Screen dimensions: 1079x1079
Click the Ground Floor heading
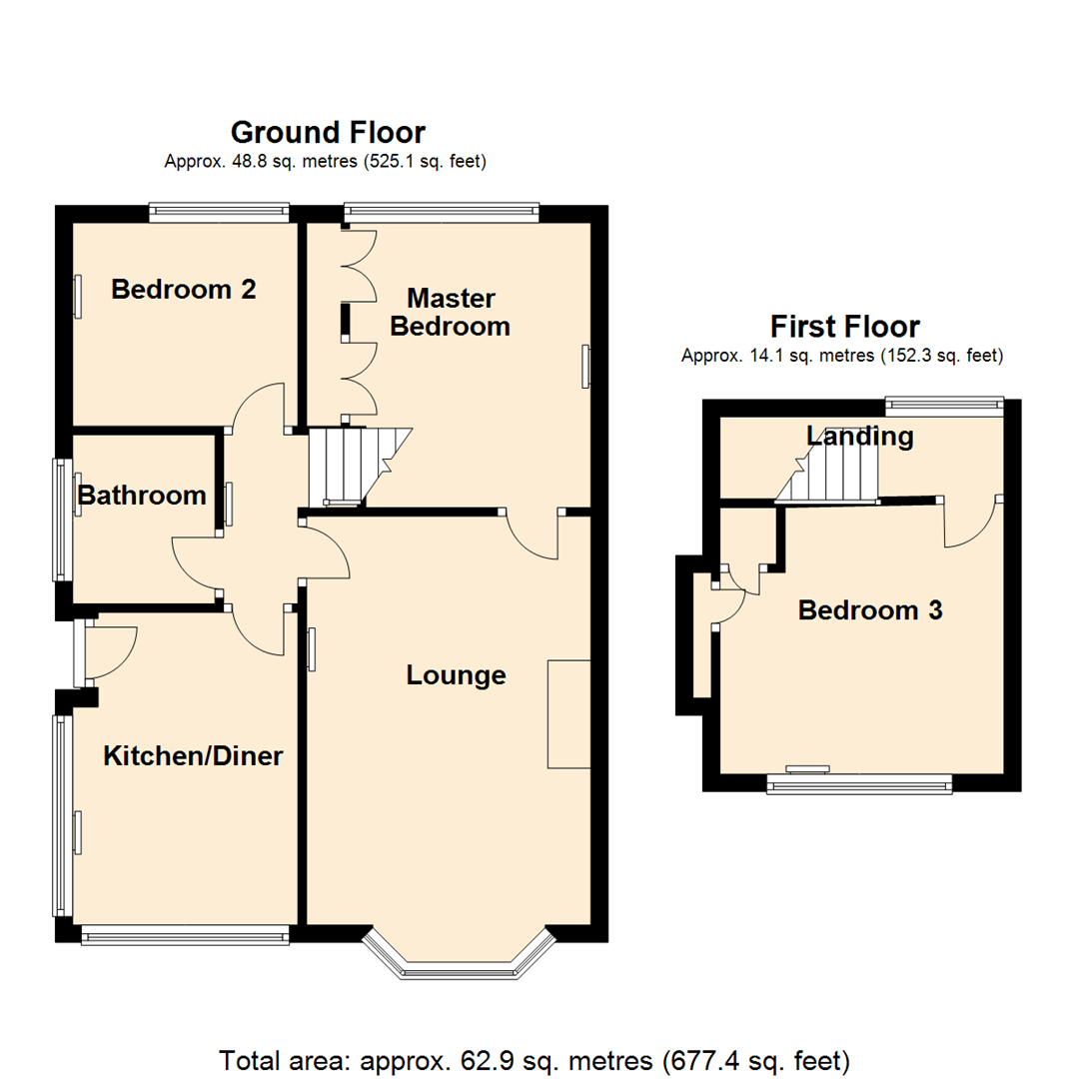(328, 132)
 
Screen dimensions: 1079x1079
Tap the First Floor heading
(844, 327)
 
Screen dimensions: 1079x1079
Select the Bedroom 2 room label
(184, 290)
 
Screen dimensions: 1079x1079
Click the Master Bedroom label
(451, 312)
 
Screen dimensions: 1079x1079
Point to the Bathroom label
(142, 496)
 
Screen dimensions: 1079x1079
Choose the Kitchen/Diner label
(193, 756)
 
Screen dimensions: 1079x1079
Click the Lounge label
(456, 675)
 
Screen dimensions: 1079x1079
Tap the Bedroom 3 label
(870, 610)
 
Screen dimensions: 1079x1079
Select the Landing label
(860, 437)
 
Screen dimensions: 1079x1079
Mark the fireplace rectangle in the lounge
(568, 713)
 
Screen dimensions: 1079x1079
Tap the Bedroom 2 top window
(219, 211)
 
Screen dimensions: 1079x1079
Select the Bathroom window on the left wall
(62, 519)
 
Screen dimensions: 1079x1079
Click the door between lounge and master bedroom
(533, 535)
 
